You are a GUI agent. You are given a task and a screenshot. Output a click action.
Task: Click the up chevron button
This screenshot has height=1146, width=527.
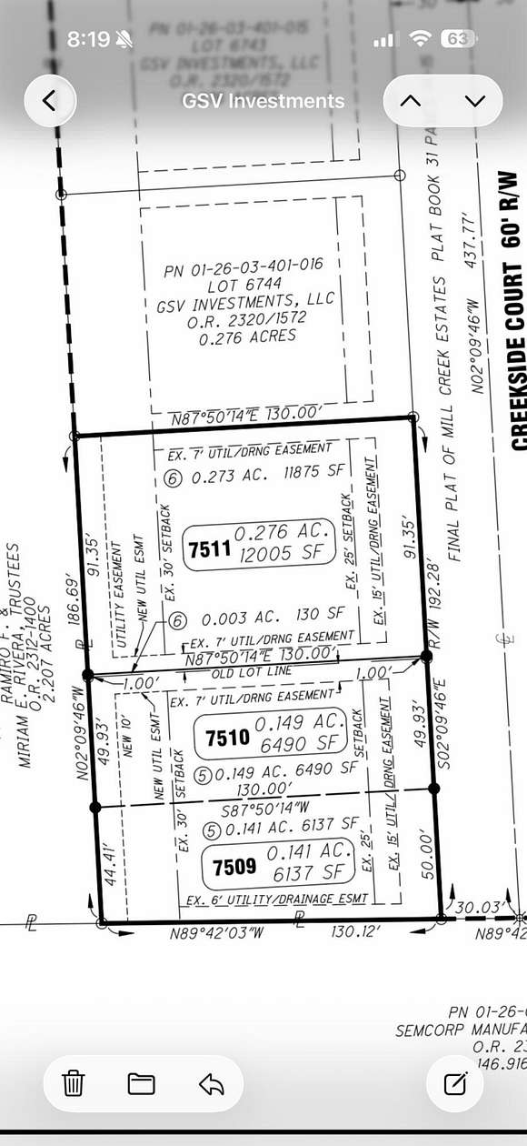pos(411,101)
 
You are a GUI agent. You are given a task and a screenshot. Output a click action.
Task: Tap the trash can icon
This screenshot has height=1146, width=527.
pos(74,1083)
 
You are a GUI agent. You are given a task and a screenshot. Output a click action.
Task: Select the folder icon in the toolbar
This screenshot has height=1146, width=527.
pos(141,1083)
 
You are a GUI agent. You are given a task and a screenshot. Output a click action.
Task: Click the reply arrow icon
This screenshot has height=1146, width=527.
pos(211,1083)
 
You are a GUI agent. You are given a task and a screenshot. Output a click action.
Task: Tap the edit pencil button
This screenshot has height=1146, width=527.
pos(454,1083)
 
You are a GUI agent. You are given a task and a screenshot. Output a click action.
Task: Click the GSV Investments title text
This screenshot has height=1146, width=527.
pos(263,101)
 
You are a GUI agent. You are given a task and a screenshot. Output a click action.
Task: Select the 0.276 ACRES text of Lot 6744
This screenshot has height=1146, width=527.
pos(246,335)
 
